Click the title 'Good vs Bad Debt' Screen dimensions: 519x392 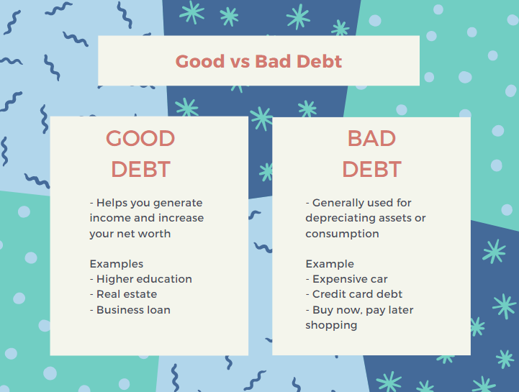click(258, 62)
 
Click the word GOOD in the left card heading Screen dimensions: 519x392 click(140, 138)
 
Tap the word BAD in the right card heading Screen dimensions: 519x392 click(371, 138)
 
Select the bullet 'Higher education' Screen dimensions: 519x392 click(141, 279)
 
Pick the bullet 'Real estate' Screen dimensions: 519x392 click(124, 294)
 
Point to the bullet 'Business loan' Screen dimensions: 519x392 click(130, 309)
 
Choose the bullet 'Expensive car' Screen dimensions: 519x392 click(346, 279)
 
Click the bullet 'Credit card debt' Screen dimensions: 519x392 click(354, 294)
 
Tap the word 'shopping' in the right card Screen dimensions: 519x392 click(331, 326)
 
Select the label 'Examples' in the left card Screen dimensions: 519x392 click(117, 264)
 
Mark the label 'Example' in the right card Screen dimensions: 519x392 click(330, 264)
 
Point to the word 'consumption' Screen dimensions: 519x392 click(342, 234)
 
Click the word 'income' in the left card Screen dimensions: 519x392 click(110, 218)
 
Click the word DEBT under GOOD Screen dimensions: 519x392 click(140, 169)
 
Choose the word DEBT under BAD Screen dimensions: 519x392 click(371, 169)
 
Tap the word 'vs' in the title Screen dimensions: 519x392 click(240, 63)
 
